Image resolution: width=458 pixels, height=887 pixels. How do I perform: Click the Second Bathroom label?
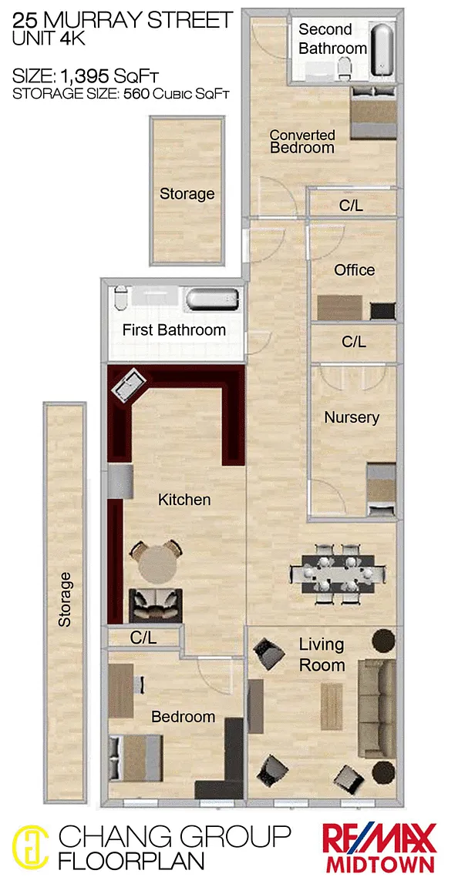pyautogui.click(x=333, y=38)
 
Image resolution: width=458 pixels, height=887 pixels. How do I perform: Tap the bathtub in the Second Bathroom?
pyautogui.click(x=383, y=50)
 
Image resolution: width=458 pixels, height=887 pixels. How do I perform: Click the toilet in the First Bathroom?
pyautogui.click(x=121, y=299)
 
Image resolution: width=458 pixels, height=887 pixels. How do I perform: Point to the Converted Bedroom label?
pyautogui.click(x=302, y=142)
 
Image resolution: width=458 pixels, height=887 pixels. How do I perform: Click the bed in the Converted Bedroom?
pyautogui.click(x=373, y=112)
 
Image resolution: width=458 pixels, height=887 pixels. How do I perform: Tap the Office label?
pyautogui.click(x=354, y=269)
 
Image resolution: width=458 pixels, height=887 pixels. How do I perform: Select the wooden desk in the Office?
pyautogui.click(x=340, y=308)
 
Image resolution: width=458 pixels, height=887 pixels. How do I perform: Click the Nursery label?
pyautogui.click(x=352, y=417)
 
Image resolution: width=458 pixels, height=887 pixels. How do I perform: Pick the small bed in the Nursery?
pyautogui.click(x=381, y=490)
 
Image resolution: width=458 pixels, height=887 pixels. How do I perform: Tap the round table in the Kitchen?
pyautogui.click(x=157, y=566)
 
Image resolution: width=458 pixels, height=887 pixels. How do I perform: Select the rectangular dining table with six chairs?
pyautogui.click(x=338, y=573)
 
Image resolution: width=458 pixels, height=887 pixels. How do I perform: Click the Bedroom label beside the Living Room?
pyautogui.click(x=183, y=717)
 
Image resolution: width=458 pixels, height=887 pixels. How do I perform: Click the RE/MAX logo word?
pyautogui.click(x=379, y=838)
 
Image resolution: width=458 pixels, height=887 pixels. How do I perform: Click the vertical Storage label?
pyautogui.click(x=66, y=599)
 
